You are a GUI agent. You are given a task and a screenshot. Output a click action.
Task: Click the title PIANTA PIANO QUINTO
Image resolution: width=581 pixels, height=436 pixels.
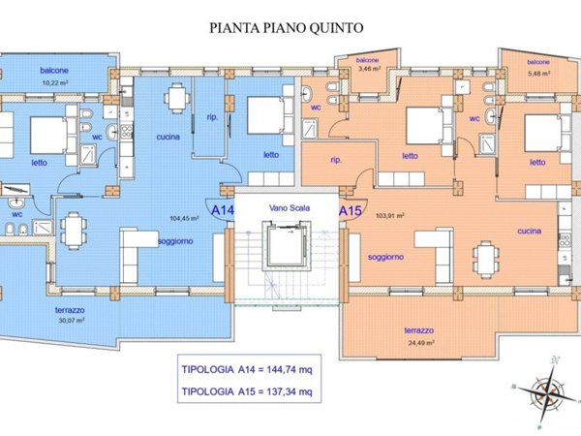(286, 28)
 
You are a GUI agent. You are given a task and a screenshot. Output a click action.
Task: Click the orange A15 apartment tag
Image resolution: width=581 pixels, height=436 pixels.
(350, 207)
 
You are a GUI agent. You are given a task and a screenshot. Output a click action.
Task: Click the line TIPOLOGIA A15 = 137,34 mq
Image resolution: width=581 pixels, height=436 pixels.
(246, 391)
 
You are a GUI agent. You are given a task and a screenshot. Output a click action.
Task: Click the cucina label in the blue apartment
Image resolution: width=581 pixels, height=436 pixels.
(168, 138)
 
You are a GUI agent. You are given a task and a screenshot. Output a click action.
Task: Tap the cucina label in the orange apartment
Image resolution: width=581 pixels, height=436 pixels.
(528, 232)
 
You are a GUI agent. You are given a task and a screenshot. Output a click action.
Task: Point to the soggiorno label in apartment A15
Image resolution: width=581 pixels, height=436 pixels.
(385, 257)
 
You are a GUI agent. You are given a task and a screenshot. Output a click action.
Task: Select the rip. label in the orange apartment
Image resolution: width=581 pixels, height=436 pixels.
(336, 159)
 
